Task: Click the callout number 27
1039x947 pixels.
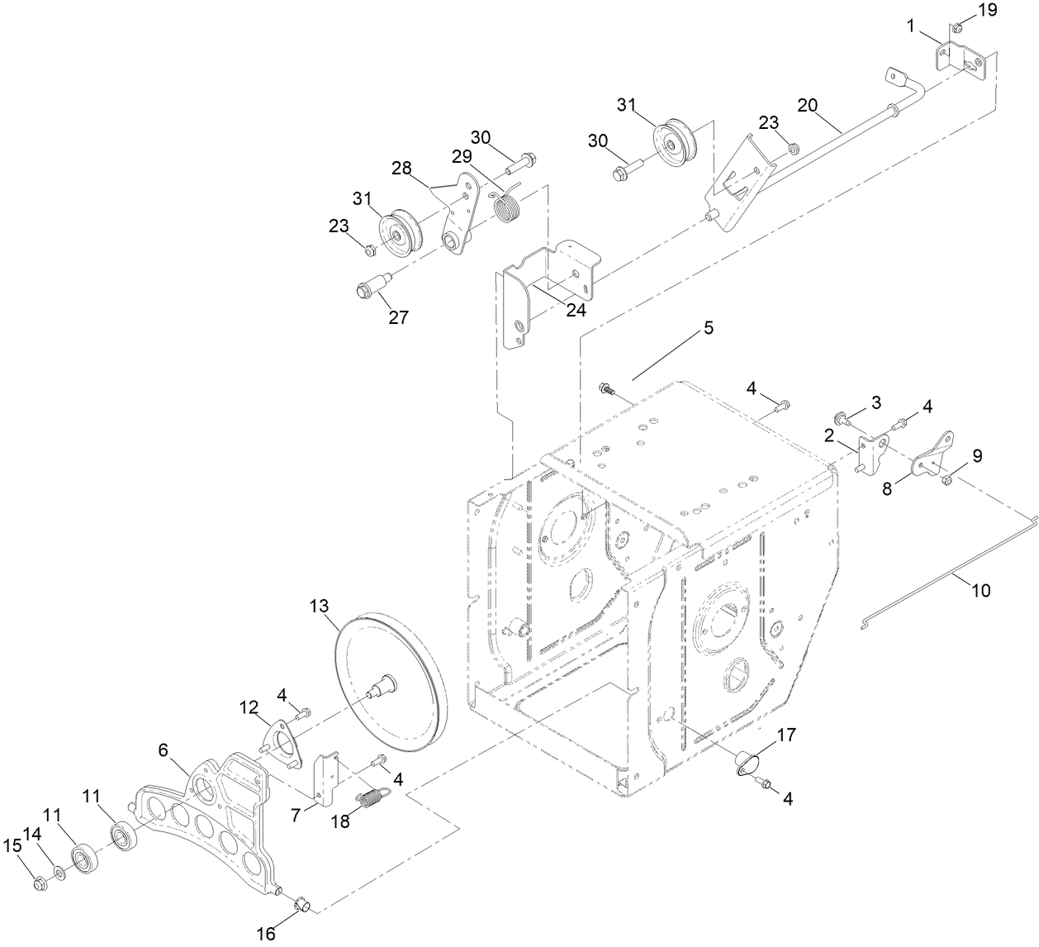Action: pos(399,317)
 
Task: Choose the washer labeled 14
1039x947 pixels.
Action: pos(59,873)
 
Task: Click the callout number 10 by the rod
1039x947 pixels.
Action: pos(980,591)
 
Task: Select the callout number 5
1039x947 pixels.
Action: pos(708,328)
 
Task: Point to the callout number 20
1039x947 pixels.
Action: pos(808,105)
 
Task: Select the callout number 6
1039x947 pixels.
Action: pos(163,750)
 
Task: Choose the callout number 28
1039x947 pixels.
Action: pos(401,169)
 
